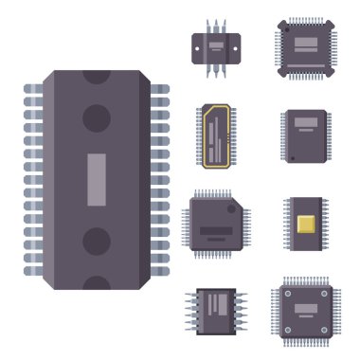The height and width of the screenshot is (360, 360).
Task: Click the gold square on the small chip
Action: pos(306,224)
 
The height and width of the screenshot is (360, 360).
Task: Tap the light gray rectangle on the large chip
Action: pos(97,179)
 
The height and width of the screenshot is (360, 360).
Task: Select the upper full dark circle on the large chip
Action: pos(97,117)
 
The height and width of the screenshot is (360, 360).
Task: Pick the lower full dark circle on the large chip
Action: pos(97,241)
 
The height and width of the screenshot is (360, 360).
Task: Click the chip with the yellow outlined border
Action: pos(216,135)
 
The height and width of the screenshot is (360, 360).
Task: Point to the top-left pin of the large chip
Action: pos(33,89)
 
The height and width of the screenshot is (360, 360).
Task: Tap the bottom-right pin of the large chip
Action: pos(160,271)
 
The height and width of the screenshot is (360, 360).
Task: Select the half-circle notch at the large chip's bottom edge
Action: pos(97,283)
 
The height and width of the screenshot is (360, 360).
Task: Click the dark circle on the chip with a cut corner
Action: pos(230,209)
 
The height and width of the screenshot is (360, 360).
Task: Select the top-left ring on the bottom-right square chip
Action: pos(287,293)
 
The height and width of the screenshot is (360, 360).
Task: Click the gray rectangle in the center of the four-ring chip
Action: pos(305,309)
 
